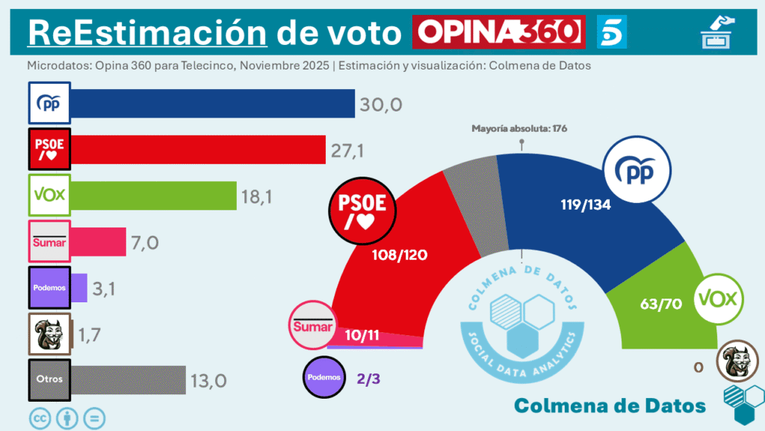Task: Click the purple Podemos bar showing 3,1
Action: pyautogui.click(x=79, y=287)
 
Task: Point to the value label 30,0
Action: pyautogui.click(x=382, y=104)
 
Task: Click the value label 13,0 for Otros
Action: pyautogui.click(x=208, y=380)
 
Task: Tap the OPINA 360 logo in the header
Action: pyautogui.click(x=498, y=32)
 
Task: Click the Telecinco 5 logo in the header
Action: pyautogui.click(x=612, y=32)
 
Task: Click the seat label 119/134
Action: pyautogui.click(x=586, y=204)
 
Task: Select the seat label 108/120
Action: pyautogui.click(x=400, y=255)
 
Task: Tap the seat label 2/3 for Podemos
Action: pyautogui.click(x=369, y=379)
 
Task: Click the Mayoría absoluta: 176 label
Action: pyautogui.click(x=519, y=129)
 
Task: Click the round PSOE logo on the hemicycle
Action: pyautogui.click(x=362, y=213)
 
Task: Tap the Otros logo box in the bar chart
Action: pyautogui.click(x=49, y=379)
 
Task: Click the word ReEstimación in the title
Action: pyautogui.click(x=147, y=33)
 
